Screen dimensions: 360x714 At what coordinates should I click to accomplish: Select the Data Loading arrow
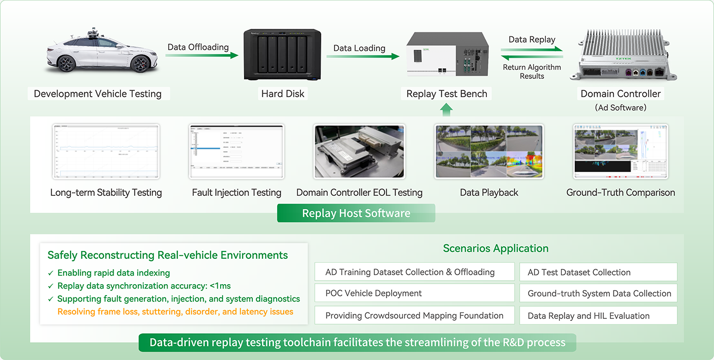(362, 57)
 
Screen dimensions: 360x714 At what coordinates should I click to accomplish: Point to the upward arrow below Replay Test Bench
(446, 110)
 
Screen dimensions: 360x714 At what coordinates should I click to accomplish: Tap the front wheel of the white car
(66, 64)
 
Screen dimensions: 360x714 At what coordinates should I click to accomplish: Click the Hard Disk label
(283, 94)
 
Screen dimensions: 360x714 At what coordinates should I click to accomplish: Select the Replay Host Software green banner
(356, 213)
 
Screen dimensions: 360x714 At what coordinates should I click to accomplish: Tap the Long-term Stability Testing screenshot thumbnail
(106, 152)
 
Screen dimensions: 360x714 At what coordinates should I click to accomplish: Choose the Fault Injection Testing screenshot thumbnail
(236, 152)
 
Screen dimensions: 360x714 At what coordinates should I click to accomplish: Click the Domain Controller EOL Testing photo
(359, 152)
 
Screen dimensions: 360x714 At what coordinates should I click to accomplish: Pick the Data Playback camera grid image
(489, 152)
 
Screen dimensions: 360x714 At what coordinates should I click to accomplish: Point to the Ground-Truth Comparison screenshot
(621, 152)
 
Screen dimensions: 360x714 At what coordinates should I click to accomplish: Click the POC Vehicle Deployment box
(415, 293)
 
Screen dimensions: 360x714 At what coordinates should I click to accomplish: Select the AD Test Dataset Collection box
(598, 272)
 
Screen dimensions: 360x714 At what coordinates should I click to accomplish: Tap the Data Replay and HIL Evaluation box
(598, 316)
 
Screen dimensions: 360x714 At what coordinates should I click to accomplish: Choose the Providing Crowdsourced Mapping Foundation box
(415, 316)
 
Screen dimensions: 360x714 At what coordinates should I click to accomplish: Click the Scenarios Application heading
(496, 248)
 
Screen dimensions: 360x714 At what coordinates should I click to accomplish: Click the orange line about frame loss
(175, 312)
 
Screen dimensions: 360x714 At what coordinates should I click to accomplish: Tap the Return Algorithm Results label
(532, 72)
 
